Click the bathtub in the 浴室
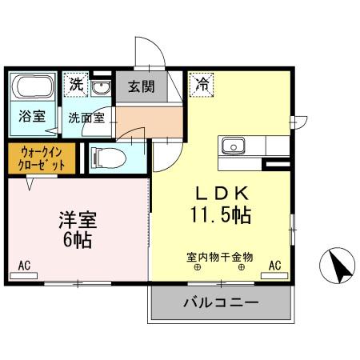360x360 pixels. click(33, 87)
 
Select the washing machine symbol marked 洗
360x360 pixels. click(76, 82)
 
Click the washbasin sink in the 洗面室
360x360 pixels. click(101, 87)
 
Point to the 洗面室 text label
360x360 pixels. click(85, 117)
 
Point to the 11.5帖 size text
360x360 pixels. click(221, 215)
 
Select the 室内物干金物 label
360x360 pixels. click(219, 257)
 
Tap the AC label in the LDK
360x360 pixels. click(274, 265)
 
